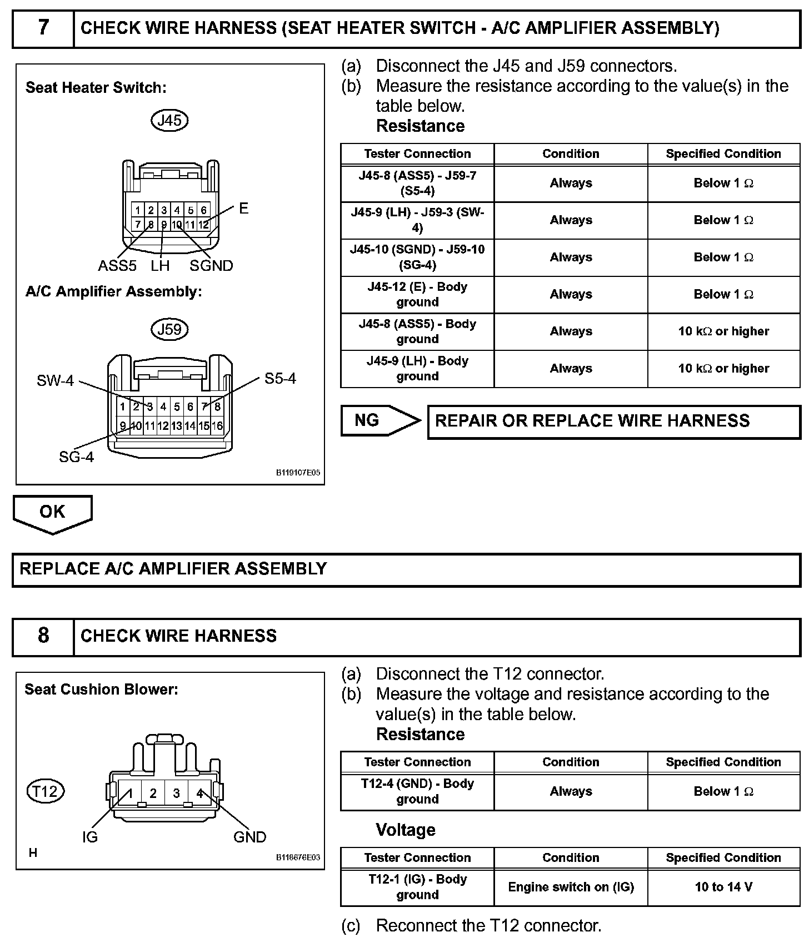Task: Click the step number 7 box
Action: [43, 28]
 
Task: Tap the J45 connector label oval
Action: [169, 120]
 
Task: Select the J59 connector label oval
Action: [169, 329]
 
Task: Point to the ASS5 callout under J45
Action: [117, 266]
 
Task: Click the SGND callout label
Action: [211, 266]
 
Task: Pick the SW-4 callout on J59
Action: [55, 380]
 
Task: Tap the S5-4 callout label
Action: [280, 379]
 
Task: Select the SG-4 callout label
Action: [76, 457]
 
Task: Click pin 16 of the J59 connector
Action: [217, 426]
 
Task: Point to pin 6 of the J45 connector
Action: [204, 210]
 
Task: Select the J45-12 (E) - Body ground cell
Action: [417, 294]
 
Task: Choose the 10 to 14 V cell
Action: [723, 887]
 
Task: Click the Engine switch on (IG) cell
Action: [571, 887]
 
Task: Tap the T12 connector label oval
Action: [46, 791]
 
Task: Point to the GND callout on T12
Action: [249, 837]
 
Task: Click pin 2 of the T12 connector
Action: [153, 794]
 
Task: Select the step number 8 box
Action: [43, 636]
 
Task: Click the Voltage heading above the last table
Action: [406, 830]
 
